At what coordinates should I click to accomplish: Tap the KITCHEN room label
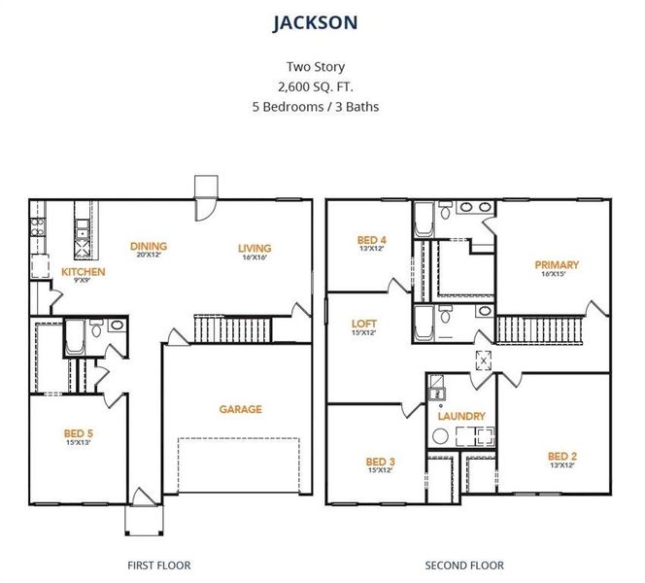(x=84, y=272)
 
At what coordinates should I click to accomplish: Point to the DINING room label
(x=149, y=246)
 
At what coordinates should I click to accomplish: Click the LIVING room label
(x=255, y=248)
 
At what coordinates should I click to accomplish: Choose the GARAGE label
(x=240, y=409)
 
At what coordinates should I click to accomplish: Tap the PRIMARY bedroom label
(x=556, y=264)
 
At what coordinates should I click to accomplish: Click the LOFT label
(x=364, y=324)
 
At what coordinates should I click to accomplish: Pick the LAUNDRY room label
(x=460, y=416)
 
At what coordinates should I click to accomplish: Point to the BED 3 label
(x=380, y=462)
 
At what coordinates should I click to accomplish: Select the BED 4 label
(x=372, y=240)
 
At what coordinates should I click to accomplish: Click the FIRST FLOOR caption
(x=159, y=565)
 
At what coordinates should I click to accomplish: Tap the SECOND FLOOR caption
(x=464, y=565)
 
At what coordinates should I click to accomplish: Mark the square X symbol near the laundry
(x=482, y=360)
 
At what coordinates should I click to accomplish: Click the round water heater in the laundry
(x=438, y=437)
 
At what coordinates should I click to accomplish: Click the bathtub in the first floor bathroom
(x=74, y=336)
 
